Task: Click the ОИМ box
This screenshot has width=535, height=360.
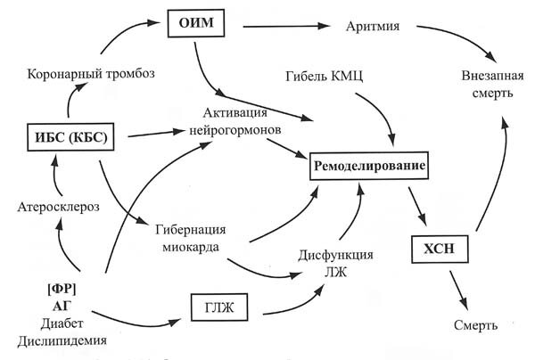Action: [x=193, y=22]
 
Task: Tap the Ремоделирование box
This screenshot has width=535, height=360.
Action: [x=366, y=166]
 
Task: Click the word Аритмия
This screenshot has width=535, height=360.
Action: [x=375, y=25]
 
